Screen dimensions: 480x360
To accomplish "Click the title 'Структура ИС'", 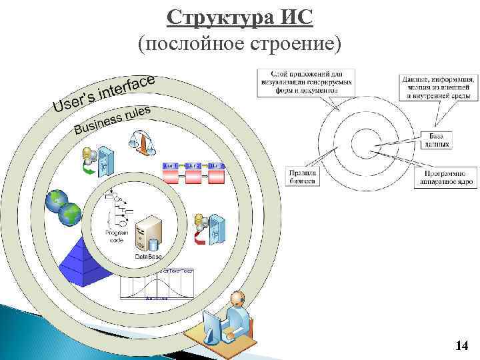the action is click(239, 16).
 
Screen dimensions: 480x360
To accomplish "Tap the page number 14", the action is click(461, 345).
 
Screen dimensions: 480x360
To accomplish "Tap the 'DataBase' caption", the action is click(148, 257).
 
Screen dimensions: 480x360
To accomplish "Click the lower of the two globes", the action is click(69, 214).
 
